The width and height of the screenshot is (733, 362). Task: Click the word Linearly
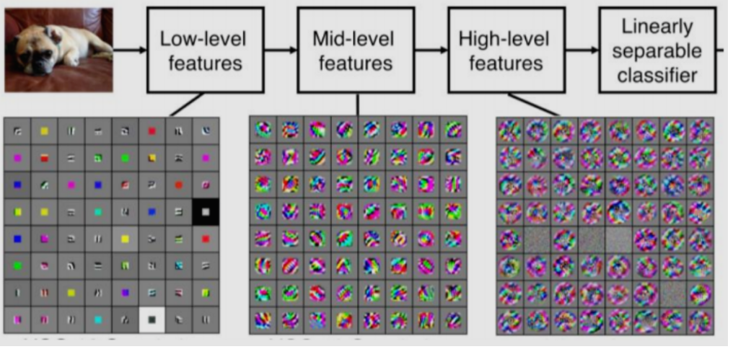(x=657, y=27)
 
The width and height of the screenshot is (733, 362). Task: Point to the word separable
(x=657, y=51)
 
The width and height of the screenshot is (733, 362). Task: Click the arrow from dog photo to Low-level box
(x=130, y=50)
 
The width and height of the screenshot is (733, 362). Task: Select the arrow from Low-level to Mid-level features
(x=280, y=50)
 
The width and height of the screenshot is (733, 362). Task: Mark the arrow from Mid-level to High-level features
(x=431, y=50)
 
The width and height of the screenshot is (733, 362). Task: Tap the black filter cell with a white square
(x=206, y=211)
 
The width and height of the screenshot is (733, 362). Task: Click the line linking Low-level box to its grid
(x=185, y=105)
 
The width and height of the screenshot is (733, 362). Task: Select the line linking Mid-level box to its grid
(x=358, y=104)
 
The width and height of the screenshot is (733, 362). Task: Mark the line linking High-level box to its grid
(x=534, y=104)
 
